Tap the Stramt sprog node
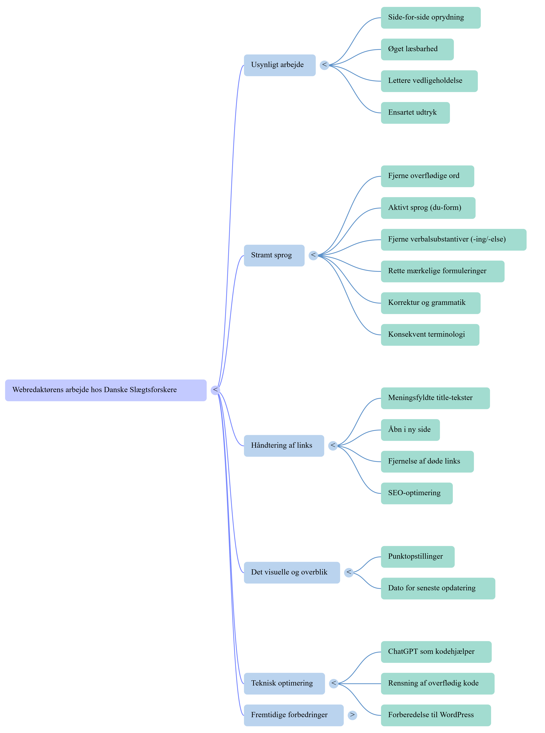coord(274,255)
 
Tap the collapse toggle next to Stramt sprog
coord(313,255)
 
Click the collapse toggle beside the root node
coord(215,390)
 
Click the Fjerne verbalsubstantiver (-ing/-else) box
coord(454,240)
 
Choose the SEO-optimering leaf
coord(417,493)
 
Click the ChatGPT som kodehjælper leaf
coord(436,652)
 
